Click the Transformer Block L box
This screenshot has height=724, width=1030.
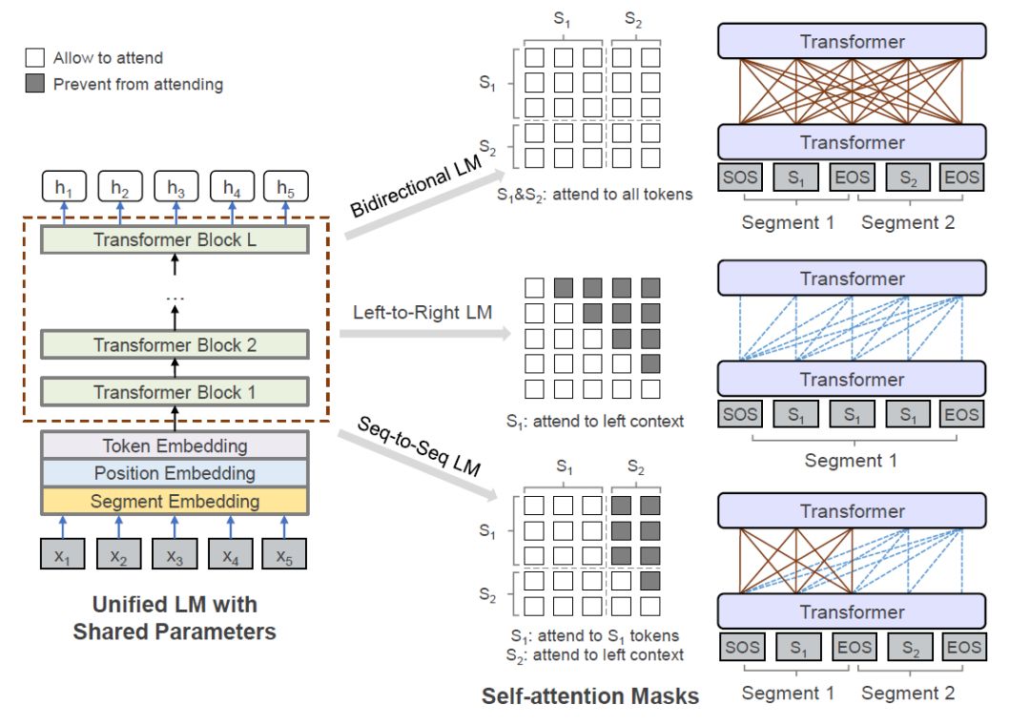coord(175,239)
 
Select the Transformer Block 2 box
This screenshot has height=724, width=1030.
coord(175,345)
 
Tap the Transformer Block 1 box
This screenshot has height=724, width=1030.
coord(175,392)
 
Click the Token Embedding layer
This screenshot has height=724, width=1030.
coord(175,445)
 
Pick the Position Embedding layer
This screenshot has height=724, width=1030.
coord(175,473)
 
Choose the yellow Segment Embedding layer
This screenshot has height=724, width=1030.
coord(175,501)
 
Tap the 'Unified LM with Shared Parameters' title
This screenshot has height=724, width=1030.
coord(175,618)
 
